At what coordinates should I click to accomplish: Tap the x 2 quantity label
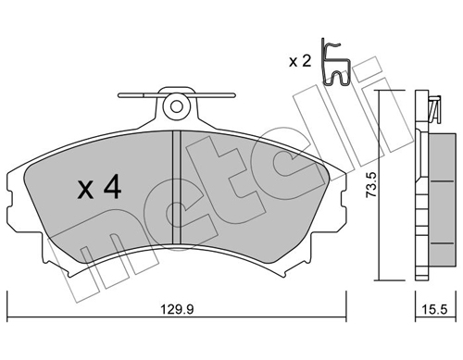click(299, 62)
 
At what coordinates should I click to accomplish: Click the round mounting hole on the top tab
click(175, 106)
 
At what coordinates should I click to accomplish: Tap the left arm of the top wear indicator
click(139, 94)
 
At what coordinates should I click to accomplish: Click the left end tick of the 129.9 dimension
click(8, 305)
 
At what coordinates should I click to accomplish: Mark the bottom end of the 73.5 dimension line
click(379, 280)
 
